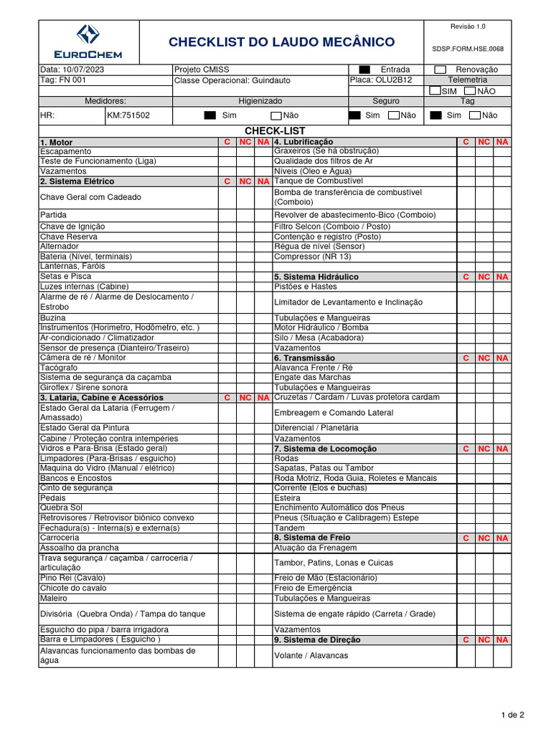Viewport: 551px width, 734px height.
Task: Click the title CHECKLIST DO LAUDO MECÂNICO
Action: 281,42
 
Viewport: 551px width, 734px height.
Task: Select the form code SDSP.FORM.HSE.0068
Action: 468,49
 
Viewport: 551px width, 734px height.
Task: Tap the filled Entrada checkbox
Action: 364,70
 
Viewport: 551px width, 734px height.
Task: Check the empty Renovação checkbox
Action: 440,70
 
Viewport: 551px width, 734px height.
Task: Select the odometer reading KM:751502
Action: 128,115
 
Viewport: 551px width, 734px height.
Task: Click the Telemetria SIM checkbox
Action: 435,91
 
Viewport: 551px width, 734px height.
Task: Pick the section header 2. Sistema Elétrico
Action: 77,182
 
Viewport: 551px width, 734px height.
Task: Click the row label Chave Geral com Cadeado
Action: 90,197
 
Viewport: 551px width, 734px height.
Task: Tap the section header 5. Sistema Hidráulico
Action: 316,277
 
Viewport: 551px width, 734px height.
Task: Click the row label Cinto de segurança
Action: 76,487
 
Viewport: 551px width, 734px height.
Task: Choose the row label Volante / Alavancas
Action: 311,655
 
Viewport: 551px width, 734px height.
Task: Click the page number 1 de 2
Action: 512,715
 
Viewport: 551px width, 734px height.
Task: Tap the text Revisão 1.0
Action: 468,27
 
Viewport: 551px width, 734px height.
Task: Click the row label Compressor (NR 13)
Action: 312,257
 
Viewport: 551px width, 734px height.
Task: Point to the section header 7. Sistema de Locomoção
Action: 325,449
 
